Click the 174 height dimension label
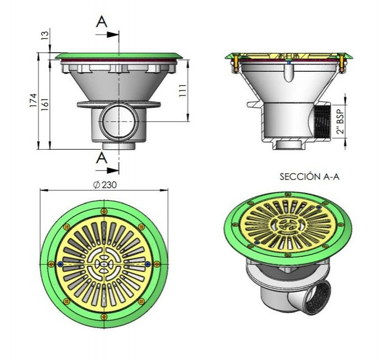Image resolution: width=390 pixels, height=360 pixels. coord(33,100)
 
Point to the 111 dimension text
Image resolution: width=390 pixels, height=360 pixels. coord(182,91)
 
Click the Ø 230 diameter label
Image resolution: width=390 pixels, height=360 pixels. coord(105,185)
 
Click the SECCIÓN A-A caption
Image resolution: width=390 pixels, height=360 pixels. coord(309,177)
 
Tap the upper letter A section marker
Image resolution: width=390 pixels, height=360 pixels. coord(102,21)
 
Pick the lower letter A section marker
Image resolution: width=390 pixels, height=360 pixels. coord(102,158)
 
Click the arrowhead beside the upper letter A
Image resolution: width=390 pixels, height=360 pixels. coord(113,35)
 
